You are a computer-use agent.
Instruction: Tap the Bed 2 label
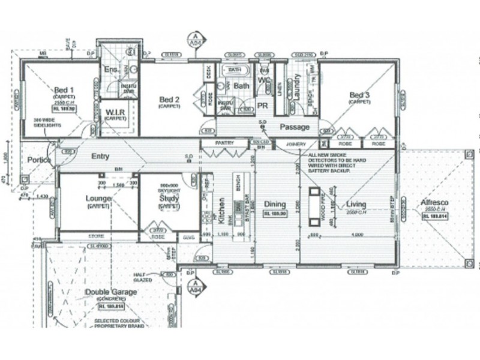click(170, 99)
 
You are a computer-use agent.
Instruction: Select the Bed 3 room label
click(359, 95)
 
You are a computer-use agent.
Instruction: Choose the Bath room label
click(241, 86)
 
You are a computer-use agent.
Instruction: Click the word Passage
click(295, 127)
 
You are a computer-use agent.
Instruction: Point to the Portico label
click(38, 160)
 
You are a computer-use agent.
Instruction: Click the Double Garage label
click(110, 292)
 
